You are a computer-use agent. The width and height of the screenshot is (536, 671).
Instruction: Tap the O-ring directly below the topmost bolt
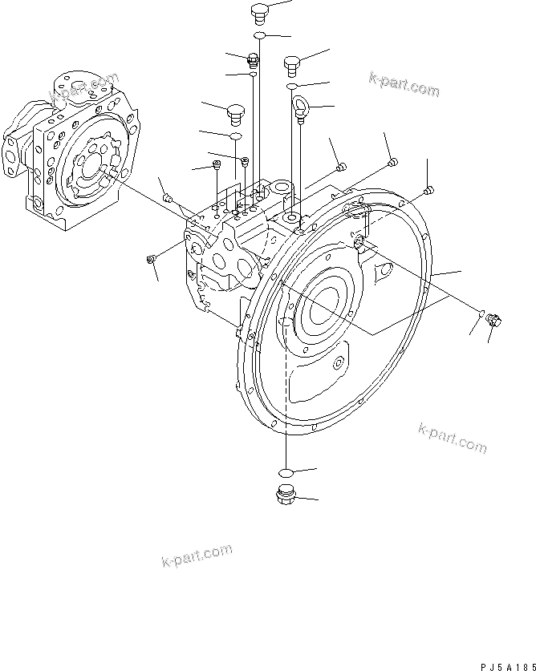point(259,36)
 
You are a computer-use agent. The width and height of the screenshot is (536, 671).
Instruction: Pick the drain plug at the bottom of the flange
point(285,496)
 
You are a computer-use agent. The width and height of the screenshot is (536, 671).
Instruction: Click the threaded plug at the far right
point(493,321)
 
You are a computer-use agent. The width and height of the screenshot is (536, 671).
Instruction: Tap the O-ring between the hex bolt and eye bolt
point(294,85)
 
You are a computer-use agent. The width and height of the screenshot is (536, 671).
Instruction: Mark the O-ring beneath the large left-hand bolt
point(236,137)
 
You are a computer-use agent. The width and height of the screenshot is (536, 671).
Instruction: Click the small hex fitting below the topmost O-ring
point(254,59)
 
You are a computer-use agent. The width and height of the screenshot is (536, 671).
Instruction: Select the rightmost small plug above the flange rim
point(428,190)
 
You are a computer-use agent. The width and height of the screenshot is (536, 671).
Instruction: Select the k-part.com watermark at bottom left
point(197,554)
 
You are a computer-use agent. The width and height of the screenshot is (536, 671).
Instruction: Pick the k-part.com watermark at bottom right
point(452,438)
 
